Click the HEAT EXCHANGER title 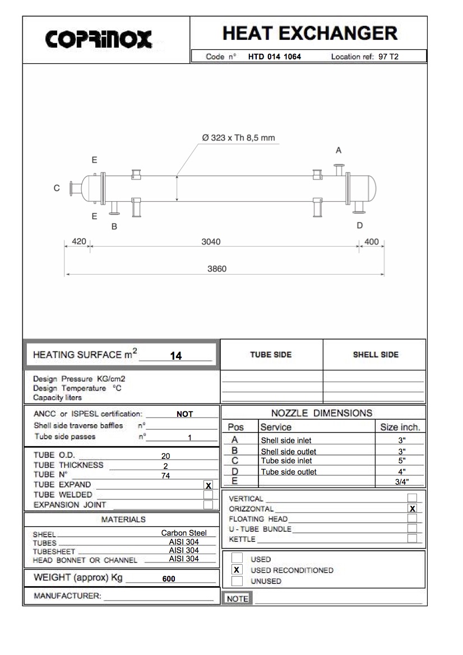coord(310,34)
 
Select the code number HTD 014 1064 coord(275,57)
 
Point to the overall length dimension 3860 coord(217,269)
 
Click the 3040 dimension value coord(211,242)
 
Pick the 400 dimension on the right coord(372,242)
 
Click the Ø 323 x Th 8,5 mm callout coord(238,137)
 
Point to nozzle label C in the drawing coord(57,188)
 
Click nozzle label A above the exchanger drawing coord(339,150)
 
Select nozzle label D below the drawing coord(360,225)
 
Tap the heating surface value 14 coord(175,355)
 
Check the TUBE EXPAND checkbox coord(209,485)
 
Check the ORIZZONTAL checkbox coord(413,509)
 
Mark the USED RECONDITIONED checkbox coord(237,570)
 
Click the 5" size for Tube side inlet coord(401,461)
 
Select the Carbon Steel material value coord(184,533)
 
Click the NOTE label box coord(237,599)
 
